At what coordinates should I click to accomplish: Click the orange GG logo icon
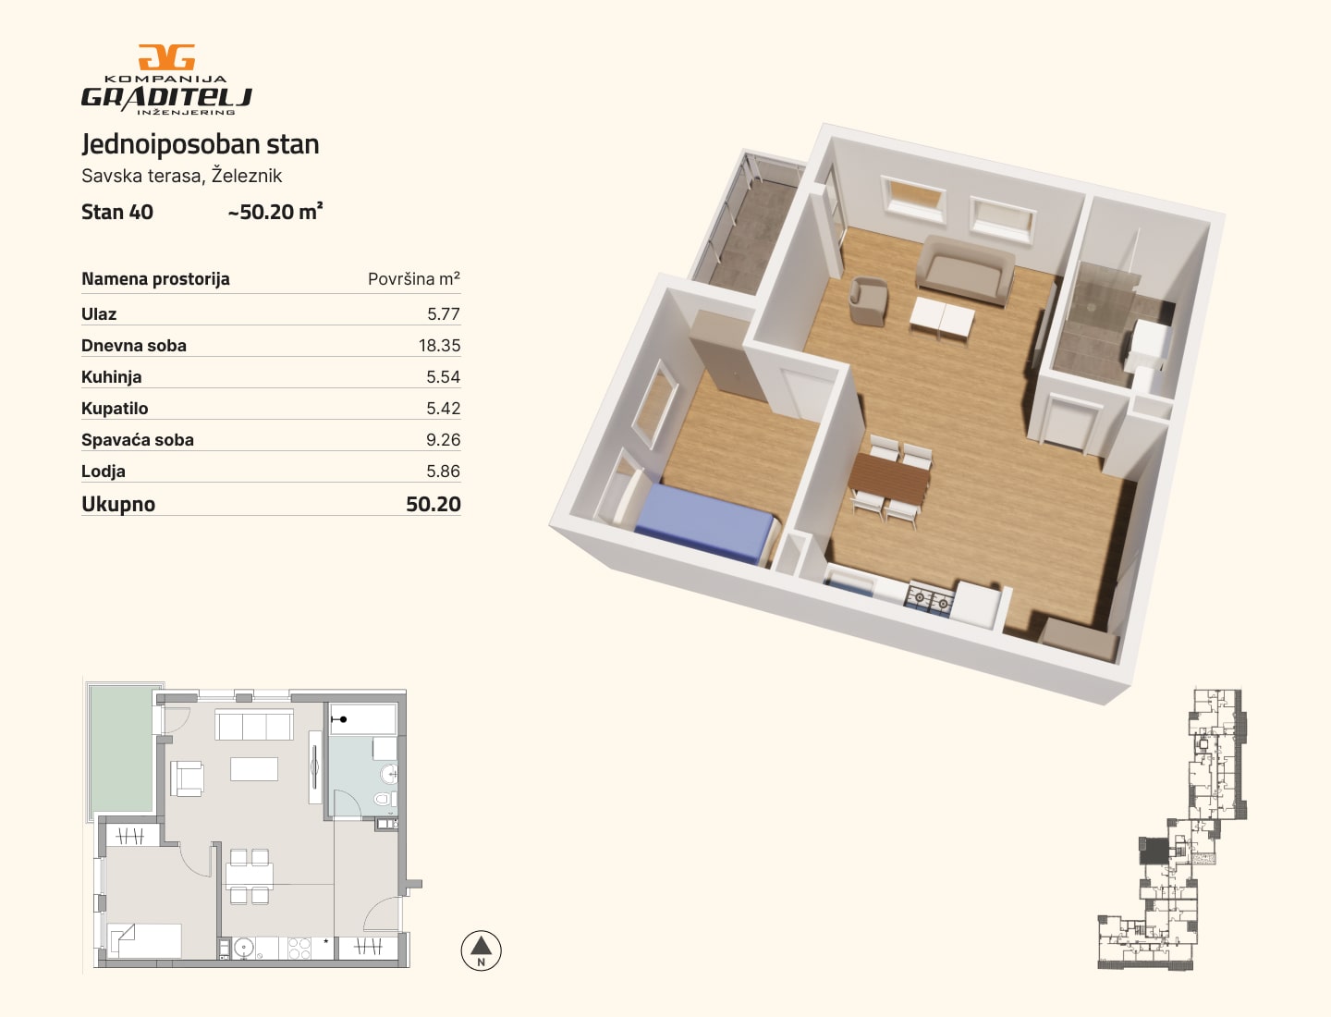click(x=166, y=57)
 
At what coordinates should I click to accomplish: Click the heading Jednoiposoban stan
click(x=200, y=144)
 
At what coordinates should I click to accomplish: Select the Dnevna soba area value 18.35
click(x=439, y=346)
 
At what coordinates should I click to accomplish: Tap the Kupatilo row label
click(x=115, y=409)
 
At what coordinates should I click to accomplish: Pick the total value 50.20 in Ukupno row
click(x=433, y=504)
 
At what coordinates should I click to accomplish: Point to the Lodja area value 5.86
click(x=444, y=472)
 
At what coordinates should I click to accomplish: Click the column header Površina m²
click(x=413, y=279)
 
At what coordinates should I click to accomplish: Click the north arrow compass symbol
click(x=481, y=950)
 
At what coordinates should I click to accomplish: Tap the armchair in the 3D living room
click(x=868, y=300)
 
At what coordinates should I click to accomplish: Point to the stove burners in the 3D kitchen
click(x=929, y=599)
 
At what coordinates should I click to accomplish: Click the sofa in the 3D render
click(x=964, y=269)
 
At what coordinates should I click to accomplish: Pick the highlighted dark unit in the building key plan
click(x=1153, y=851)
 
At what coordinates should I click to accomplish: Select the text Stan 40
click(x=117, y=213)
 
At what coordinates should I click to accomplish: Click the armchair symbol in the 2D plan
click(x=188, y=778)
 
